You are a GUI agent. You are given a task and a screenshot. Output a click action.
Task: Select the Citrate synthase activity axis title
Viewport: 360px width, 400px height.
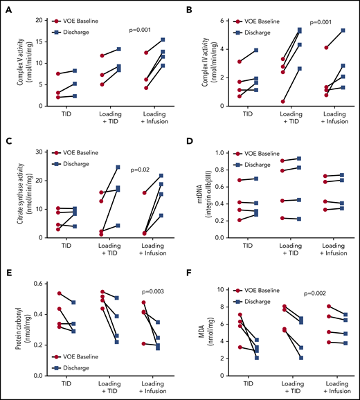tap(15, 195)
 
